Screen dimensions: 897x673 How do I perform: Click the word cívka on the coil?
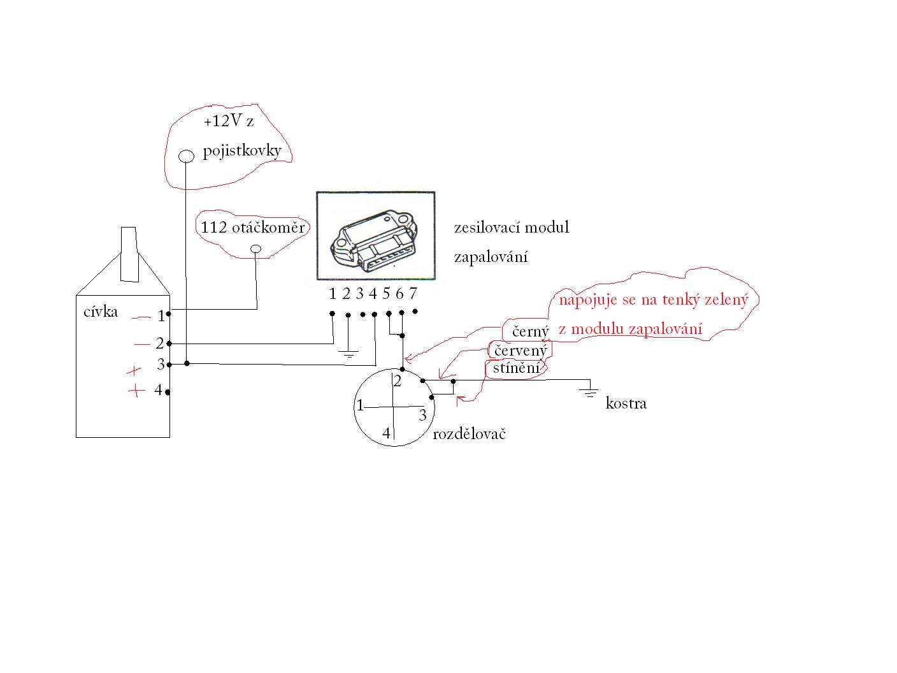point(101,312)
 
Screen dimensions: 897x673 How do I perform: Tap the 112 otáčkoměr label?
point(253,228)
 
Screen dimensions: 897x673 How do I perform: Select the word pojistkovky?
point(242,151)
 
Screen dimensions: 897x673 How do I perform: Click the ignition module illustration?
point(375,236)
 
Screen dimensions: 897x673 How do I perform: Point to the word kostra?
point(626,403)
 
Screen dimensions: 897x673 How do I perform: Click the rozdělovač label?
point(469,433)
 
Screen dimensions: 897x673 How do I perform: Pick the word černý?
point(531,331)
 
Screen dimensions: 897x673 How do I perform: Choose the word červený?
point(520,351)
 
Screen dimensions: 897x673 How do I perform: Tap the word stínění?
point(516,368)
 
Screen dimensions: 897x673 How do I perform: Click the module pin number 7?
point(413,293)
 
